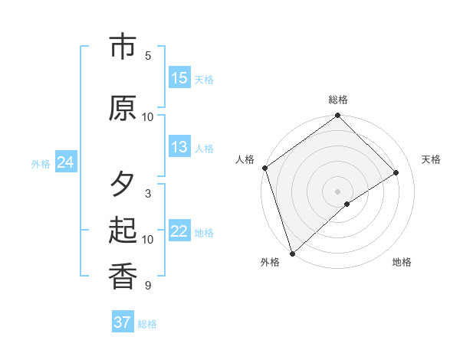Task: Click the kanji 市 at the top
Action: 123,47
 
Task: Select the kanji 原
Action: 123,108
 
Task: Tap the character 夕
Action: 123,185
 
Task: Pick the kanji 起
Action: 123,231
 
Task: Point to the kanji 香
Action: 123,277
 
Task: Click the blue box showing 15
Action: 179,78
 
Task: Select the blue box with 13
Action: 179,147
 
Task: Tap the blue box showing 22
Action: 179,231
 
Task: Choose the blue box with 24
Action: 65,162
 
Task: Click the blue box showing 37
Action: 123,322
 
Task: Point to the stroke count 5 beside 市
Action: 148,56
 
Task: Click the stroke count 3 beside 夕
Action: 148,194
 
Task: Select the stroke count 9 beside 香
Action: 148,286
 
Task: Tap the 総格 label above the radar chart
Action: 338,100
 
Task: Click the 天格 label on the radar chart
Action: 431,159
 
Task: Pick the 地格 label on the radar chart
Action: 402,262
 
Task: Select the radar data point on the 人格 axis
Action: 264,168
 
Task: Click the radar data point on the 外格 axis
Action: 292,253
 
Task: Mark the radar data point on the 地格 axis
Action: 347,204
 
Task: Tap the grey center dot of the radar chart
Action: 337,191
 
